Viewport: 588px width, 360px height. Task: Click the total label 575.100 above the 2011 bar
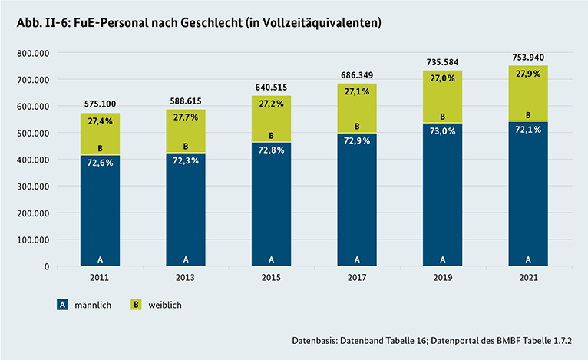101,102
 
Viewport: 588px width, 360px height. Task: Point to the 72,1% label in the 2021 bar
528,130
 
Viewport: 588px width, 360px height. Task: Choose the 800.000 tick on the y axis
31,53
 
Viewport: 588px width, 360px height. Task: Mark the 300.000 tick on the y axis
31,187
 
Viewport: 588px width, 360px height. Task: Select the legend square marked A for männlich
62,305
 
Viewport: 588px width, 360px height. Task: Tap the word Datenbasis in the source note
315,339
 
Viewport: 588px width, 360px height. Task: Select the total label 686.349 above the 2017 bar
357,74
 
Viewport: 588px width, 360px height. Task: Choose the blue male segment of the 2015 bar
272,203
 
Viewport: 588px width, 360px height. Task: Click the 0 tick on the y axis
47,266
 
